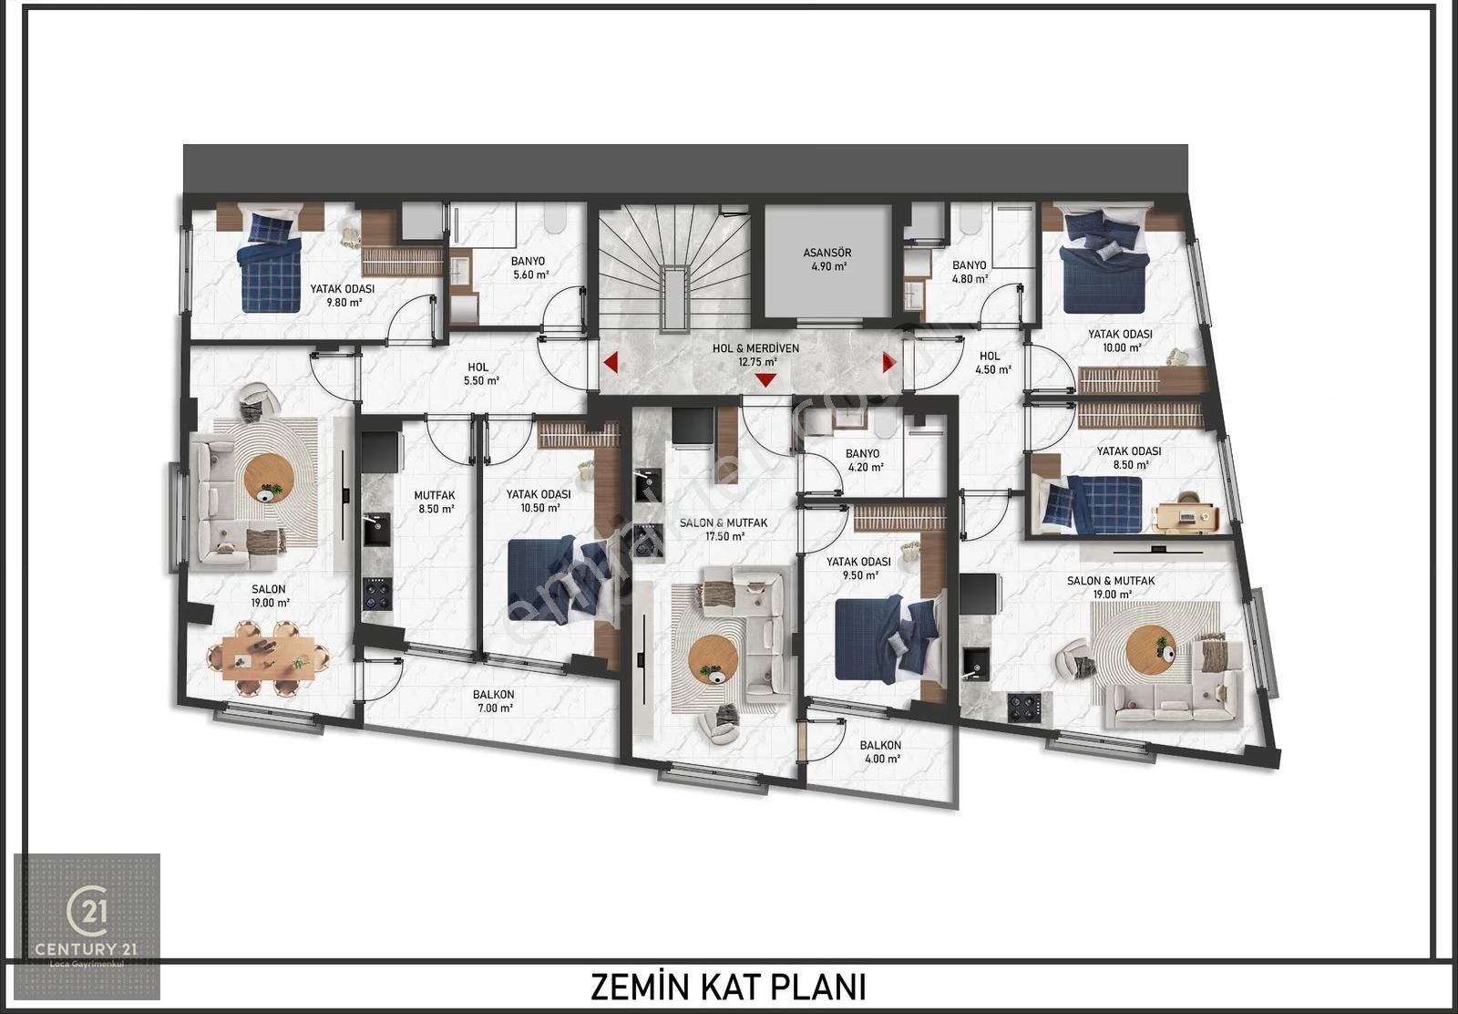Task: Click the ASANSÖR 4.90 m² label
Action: (x=827, y=259)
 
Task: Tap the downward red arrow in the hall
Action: (x=765, y=379)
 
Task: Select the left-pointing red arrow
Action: (x=611, y=363)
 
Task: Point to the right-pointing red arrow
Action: (x=889, y=363)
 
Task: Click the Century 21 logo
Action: (x=87, y=926)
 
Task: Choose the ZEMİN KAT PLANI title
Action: (x=728, y=988)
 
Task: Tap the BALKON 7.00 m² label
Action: (x=495, y=701)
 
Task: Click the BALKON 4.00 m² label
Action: (x=880, y=751)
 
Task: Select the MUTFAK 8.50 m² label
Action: (x=434, y=502)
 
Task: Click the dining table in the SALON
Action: (x=268, y=657)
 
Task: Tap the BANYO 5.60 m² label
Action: (x=529, y=268)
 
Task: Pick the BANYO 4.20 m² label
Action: (x=865, y=460)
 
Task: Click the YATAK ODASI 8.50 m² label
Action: (x=1129, y=457)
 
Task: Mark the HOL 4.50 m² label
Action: (x=992, y=363)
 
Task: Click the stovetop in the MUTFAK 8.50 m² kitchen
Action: (x=378, y=594)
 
